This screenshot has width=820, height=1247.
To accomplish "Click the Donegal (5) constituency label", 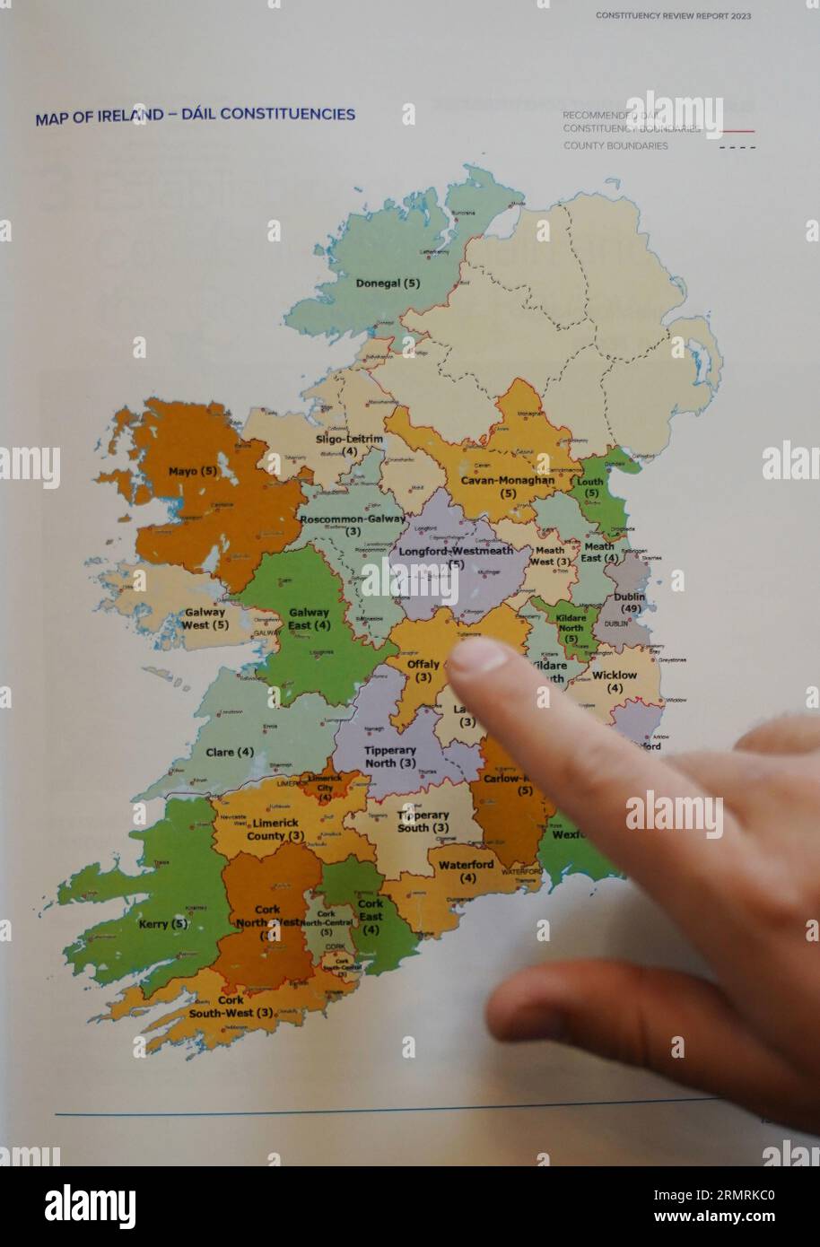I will click(388, 283).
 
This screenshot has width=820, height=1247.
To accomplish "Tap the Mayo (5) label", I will click(193, 470).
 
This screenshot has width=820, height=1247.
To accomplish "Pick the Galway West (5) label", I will click(205, 618).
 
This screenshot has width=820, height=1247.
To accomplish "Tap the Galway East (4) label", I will click(309, 619).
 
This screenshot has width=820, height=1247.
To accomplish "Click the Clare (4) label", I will click(230, 752).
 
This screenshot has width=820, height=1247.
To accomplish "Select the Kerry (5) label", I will click(165, 923).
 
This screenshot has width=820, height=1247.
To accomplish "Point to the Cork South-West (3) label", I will click(231, 1006).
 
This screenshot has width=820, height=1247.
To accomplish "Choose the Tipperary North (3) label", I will click(390, 756).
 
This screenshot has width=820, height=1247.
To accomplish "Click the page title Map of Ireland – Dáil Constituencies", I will click(195, 115).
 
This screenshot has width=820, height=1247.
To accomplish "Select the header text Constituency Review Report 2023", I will click(673, 15).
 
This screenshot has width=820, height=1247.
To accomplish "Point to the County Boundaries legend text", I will click(615, 145).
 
